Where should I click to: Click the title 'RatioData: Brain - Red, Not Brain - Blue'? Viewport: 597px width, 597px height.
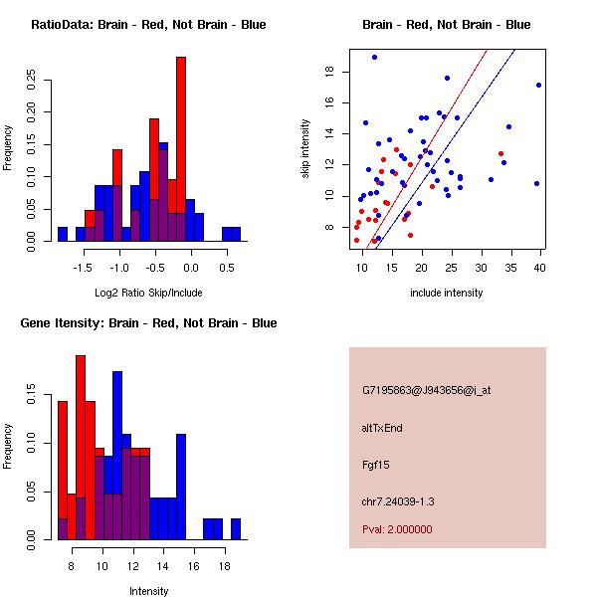click(147, 25)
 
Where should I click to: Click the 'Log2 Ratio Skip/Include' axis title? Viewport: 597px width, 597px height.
click(148, 293)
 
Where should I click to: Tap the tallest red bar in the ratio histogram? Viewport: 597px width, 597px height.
click(181, 149)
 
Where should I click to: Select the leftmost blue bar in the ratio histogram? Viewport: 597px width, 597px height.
click(62, 234)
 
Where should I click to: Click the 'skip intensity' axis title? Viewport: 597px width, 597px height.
click(306, 149)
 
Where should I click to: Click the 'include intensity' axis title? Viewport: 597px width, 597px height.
click(446, 293)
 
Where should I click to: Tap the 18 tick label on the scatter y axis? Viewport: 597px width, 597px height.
click(327, 71)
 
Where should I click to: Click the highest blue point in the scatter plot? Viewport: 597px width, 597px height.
click(374, 57)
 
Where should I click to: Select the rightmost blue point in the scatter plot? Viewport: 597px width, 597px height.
click(538, 85)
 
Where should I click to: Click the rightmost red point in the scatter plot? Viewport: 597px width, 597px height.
click(500, 153)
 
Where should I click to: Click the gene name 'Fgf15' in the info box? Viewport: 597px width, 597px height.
click(375, 464)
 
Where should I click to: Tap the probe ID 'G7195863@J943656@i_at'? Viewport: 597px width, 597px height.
click(427, 390)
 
